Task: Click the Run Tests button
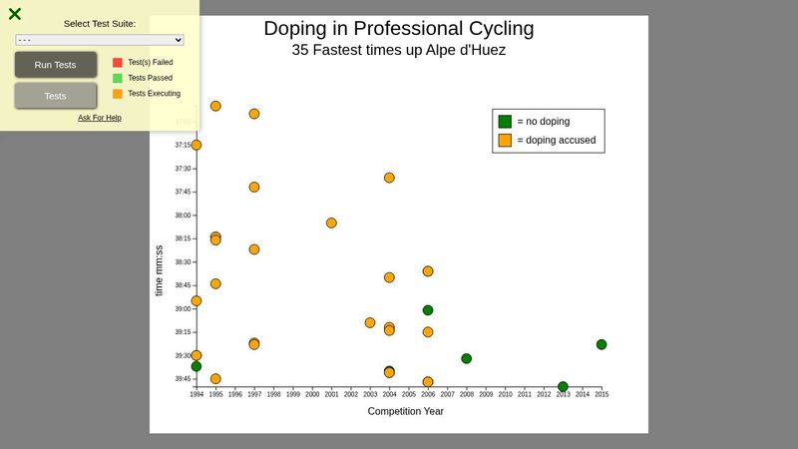56,65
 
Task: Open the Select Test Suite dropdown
100,40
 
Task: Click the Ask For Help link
100,118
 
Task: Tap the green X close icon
15,14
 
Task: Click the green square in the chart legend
506,121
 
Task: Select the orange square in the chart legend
506,141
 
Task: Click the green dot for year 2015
601,344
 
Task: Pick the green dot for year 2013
563,386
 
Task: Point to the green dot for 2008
466,358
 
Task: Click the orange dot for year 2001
331,223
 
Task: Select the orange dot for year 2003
370,322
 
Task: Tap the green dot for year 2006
428,310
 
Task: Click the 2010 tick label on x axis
505,395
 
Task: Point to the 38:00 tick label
183,216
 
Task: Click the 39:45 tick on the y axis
183,379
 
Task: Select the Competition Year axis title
405,411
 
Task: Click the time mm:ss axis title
160,270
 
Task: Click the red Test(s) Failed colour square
118,62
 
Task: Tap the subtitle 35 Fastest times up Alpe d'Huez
398,50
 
